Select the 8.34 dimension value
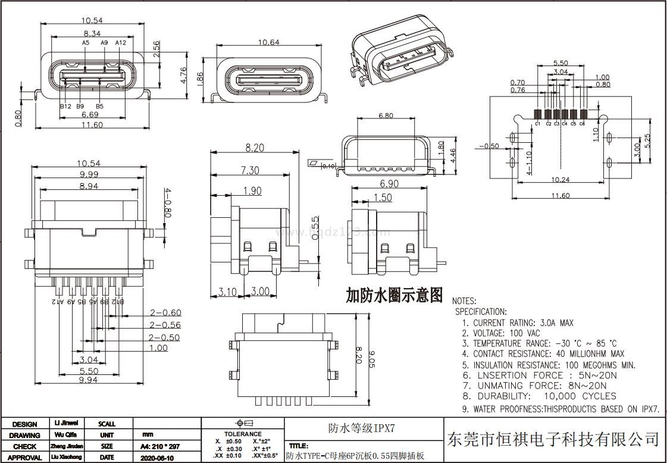click(x=92, y=34)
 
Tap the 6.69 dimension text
click(x=90, y=114)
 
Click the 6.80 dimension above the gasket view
click(x=385, y=115)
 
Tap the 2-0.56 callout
click(x=165, y=325)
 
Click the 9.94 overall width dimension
click(x=87, y=379)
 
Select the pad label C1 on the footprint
click(x=537, y=124)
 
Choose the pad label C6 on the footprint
click(x=582, y=124)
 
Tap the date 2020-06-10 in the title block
click(x=156, y=458)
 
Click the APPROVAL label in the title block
click(x=24, y=458)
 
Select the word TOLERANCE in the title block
click(x=243, y=434)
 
